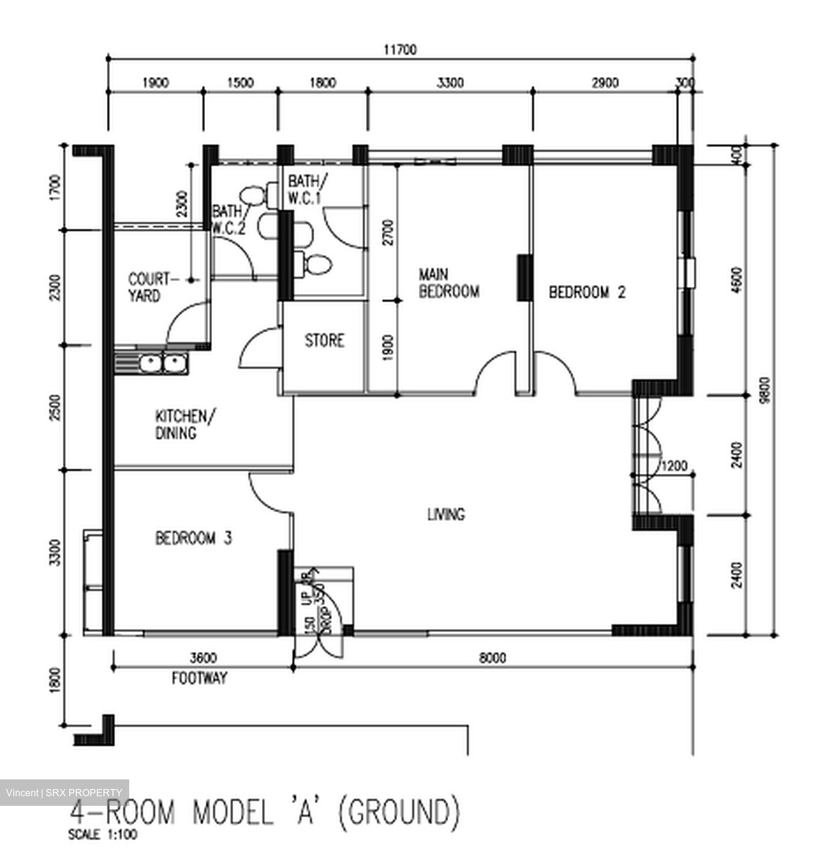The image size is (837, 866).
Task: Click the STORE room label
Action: click(x=324, y=341)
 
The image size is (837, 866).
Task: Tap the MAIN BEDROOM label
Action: click(x=449, y=284)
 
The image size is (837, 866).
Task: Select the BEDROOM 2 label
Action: click(x=587, y=293)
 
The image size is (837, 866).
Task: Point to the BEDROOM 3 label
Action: click(x=193, y=538)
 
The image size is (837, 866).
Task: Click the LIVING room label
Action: click(x=446, y=515)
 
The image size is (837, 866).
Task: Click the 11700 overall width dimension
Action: click(x=400, y=50)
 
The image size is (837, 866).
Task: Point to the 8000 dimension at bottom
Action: click(x=492, y=658)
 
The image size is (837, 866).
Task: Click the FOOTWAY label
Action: click(x=199, y=678)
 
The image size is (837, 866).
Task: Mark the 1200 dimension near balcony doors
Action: click(x=674, y=466)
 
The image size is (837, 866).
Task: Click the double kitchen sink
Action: click(x=160, y=363)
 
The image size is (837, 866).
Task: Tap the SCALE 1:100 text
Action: click(x=103, y=835)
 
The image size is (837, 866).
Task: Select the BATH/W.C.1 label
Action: click(x=307, y=189)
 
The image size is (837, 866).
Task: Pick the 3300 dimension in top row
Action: click(x=449, y=83)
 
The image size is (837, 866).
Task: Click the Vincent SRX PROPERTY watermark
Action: click(x=64, y=793)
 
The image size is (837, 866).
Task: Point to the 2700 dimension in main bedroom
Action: click(x=388, y=233)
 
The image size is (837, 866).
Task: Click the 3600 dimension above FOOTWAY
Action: click(x=203, y=658)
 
